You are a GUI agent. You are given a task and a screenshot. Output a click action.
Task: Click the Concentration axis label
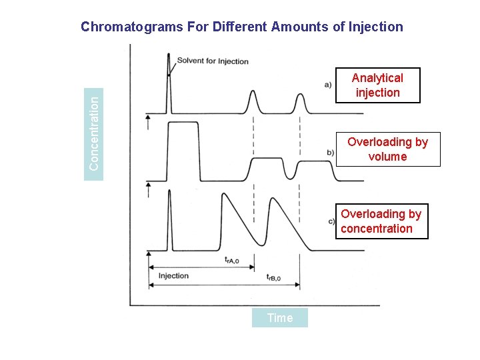coord(95,132)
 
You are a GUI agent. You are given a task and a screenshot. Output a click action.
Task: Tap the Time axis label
coord(280,318)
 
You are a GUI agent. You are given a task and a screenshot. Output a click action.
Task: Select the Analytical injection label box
coord(377,85)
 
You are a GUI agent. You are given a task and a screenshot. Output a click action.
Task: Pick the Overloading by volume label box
coord(387,149)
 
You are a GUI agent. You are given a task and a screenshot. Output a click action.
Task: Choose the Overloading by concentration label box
coord(381,221)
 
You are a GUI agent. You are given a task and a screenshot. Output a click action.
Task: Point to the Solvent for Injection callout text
coord(213,61)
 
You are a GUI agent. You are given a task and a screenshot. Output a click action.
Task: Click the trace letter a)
coord(328,84)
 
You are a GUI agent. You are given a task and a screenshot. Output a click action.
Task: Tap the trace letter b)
coord(330,153)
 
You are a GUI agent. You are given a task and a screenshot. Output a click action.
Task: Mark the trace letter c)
coord(331,221)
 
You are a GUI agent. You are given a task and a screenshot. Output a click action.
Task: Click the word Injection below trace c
coord(173,275)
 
